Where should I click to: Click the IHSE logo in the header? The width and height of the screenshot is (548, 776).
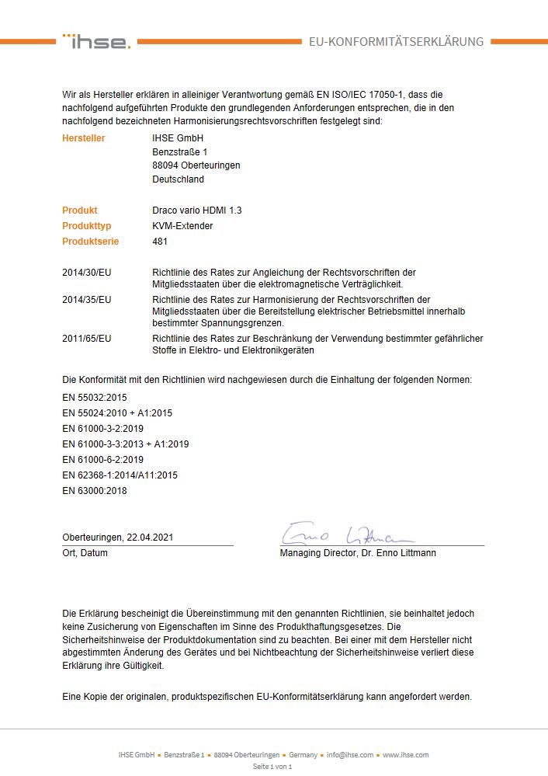coord(97,41)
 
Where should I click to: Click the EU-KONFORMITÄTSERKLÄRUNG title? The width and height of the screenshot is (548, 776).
coord(396,42)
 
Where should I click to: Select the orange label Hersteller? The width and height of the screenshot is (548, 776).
coord(84,138)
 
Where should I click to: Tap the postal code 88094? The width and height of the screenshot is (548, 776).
coord(165,165)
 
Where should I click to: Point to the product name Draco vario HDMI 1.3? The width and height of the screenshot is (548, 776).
coord(197,211)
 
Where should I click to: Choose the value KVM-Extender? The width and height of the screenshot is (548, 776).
coord(182,226)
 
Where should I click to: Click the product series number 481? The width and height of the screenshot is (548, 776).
coord(161,242)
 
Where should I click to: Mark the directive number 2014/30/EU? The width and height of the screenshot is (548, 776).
coord(87,273)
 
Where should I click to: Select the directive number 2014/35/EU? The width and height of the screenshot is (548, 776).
coord(87,299)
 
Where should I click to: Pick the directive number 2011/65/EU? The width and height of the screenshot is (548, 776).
coord(87,339)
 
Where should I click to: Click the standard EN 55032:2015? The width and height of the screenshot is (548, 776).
coord(94,398)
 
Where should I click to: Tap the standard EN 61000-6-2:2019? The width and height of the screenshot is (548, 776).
coord(102,460)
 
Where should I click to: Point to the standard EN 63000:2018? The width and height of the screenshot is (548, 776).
coord(94,491)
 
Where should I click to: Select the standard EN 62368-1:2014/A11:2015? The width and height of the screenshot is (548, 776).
coord(120,475)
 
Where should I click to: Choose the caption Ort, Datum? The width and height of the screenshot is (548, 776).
coord(85,553)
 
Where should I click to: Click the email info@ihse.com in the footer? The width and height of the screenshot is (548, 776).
coord(349,755)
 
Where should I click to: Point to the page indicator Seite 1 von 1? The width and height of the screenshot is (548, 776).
coord(272,767)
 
